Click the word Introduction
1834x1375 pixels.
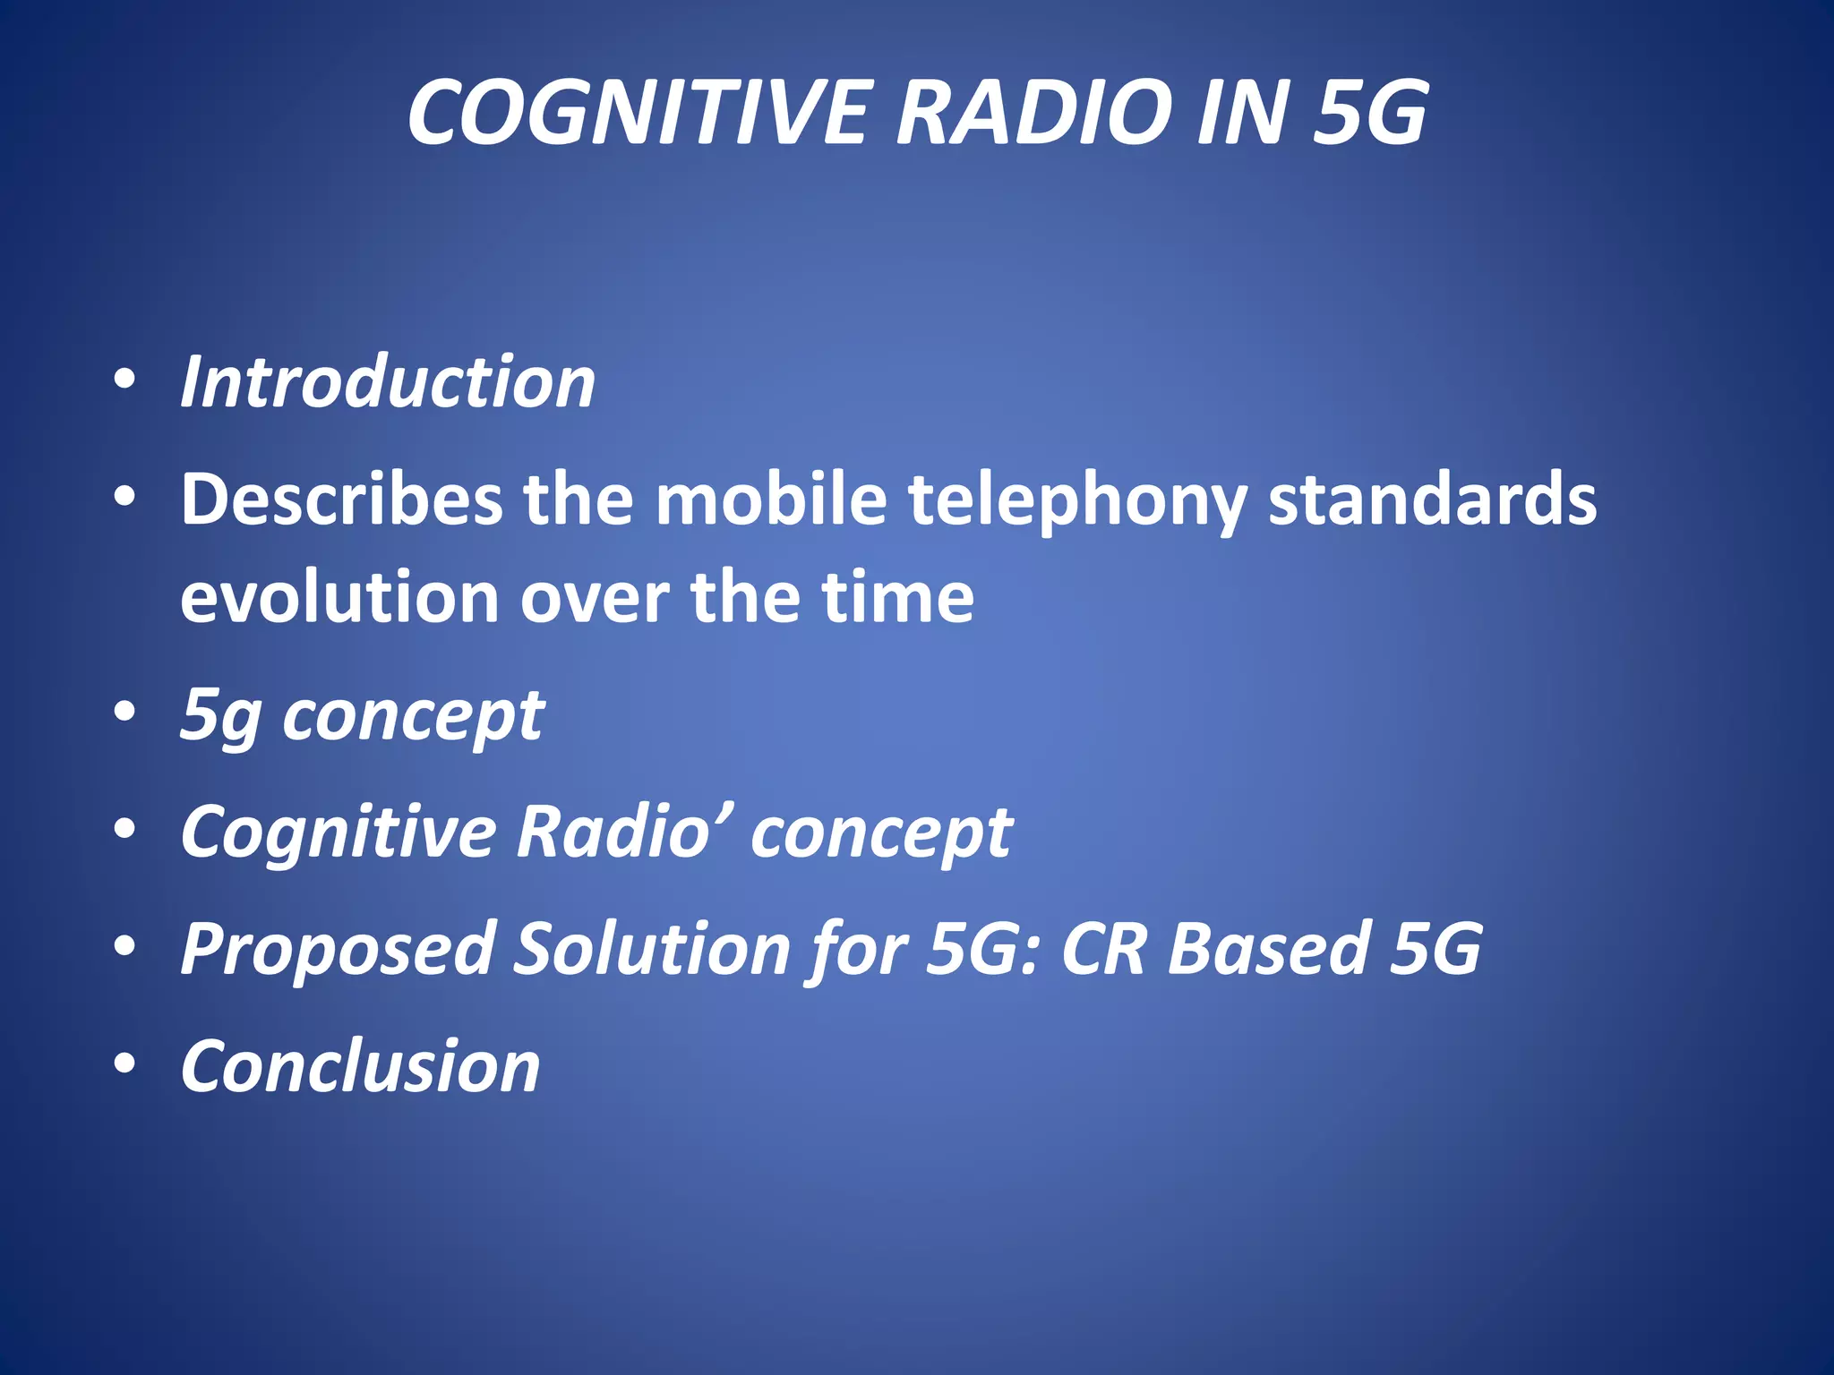(x=388, y=382)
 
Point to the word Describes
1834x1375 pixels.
(x=341, y=500)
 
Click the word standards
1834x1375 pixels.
(x=1432, y=500)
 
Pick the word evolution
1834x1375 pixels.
(x=339, y=598)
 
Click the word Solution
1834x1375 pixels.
(x=651, y=949)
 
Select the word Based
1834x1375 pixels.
(x=1269, y=949)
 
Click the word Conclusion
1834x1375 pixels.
(x=360, y=1067)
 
